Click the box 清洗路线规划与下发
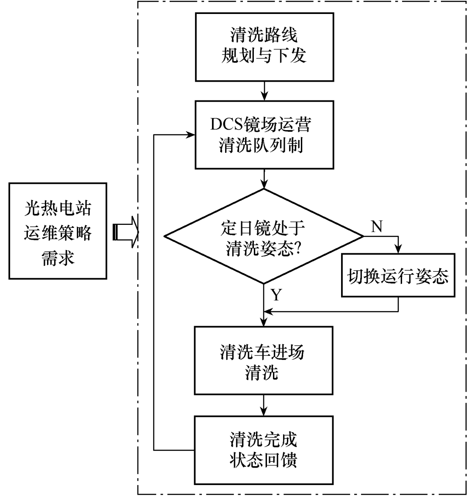(x=265, y=47)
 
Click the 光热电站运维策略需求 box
(x=58, y=231)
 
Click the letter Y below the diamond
(x=276, y=296)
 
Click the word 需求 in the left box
(x=58, y=258)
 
